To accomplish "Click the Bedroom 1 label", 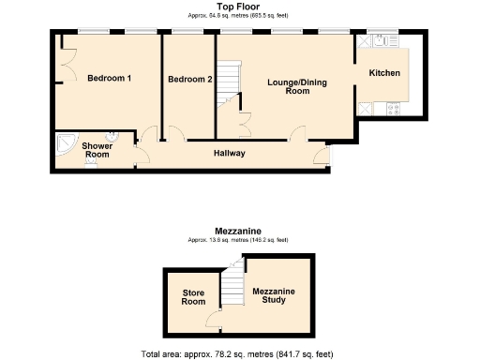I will (108, 79).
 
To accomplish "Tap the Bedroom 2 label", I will (190, 79).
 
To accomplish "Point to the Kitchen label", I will (384, 73).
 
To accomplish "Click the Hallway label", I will (229, 154).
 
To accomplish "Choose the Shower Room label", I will (97, 150).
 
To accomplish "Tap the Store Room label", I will (193, 297).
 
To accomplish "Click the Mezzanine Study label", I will (274, 297).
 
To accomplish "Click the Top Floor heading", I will (239, 6).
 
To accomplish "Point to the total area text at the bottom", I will (237, 353).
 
